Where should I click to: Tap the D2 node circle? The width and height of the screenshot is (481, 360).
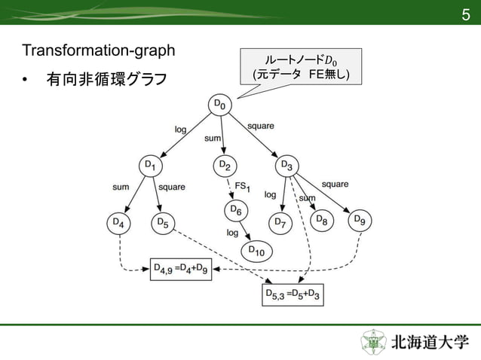click(224, 165)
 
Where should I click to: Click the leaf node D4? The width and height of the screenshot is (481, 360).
click(119, 224)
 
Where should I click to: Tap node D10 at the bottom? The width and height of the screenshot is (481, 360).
click(256, 252)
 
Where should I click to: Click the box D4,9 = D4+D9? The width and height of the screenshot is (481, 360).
click(181, 268)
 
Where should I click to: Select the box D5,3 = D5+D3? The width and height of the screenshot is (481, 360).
click(293, 294)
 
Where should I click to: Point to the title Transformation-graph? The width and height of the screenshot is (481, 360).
click(99, 52)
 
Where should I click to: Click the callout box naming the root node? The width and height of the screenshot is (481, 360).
click(300, 68)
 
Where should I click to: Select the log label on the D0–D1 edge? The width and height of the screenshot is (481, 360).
click(180, 130)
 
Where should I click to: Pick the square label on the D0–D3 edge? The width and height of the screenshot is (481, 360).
click(260, 126)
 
